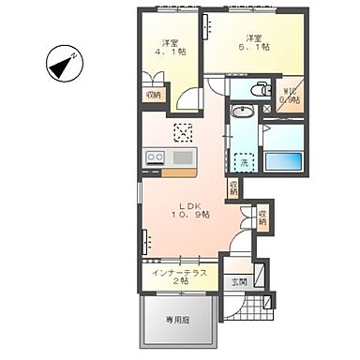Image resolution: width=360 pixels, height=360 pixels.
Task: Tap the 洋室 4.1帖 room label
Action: [x=170, y=48]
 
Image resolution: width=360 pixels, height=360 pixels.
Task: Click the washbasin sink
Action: [x=241, y=112]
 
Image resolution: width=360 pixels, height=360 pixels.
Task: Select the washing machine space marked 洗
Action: [x=244, y=162]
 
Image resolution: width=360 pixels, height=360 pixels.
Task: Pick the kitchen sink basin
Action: [x=183, y=157]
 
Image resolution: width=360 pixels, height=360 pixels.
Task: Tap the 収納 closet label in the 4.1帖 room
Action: [x=153, y=95]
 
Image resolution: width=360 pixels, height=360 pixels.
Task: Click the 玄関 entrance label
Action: [x=238, y=282]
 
